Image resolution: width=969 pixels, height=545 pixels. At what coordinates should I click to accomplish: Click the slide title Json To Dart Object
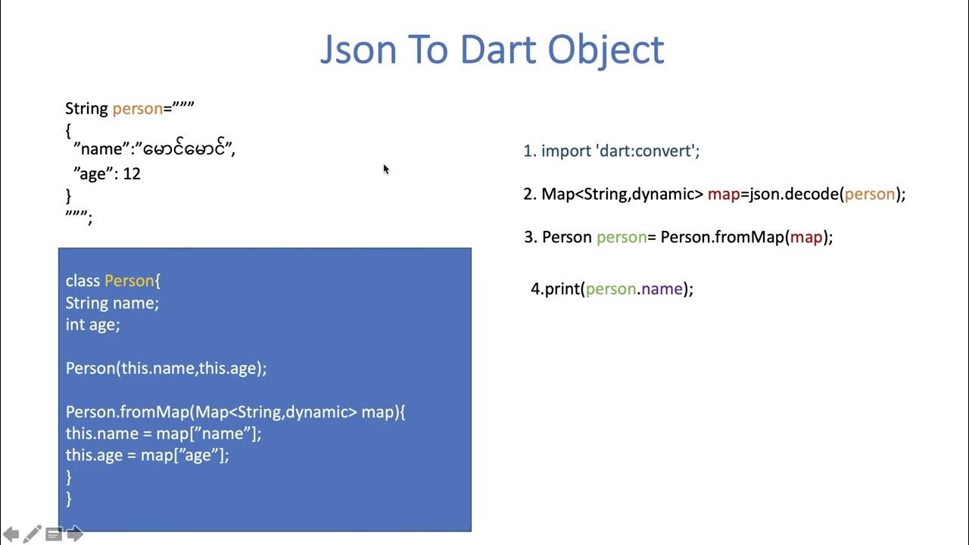point(492,50)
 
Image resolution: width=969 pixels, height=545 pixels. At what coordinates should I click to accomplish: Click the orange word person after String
point(137,109)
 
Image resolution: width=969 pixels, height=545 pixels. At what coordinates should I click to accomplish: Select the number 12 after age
point(132,174)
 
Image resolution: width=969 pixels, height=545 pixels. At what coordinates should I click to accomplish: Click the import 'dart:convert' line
point(612,151)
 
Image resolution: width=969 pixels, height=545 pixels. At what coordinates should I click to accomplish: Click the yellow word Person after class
point(129,282)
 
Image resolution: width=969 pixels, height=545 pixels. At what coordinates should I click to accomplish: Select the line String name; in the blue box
point(112,304)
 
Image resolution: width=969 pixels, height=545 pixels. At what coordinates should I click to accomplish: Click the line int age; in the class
point(92,325)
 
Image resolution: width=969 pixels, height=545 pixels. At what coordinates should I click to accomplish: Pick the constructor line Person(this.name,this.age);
point(166,369)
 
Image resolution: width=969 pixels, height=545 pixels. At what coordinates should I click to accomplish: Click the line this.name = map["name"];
point(163,434)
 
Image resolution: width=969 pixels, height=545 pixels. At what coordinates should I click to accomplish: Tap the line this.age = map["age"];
point(147,456)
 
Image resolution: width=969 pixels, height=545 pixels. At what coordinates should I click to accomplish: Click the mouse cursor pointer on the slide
point(385,169)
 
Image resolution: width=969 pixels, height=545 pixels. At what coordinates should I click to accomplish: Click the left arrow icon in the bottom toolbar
point(11,534)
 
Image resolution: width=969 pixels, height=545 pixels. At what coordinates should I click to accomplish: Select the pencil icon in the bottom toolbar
point(32,534)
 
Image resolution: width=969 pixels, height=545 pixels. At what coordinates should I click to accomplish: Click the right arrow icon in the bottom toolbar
point(75,534)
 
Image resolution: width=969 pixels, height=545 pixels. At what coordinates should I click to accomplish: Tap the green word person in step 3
point(622,238)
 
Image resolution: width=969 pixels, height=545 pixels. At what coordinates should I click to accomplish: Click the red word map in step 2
point(724,195)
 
